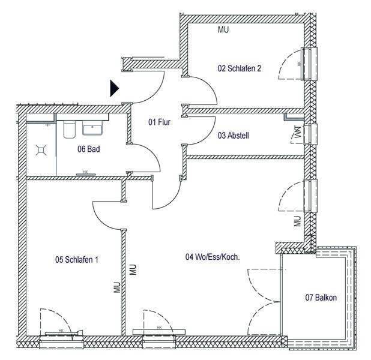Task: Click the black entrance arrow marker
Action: coord(114,89)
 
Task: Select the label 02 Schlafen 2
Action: coord(239,68)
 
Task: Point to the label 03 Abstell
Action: coord(233,136)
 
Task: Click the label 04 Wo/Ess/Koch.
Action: coord(213,257)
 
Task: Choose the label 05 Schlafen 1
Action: coord(76,260)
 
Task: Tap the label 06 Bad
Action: coord(88,149)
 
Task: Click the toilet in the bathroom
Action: coord(68,128)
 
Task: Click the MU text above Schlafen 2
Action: coord(223,29)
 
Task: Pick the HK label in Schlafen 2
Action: coord(298,63)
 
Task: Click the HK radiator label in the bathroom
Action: coord(85,172)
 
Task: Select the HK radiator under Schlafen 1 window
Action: coord(61,331)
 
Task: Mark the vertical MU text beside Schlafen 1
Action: coord(117,287)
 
